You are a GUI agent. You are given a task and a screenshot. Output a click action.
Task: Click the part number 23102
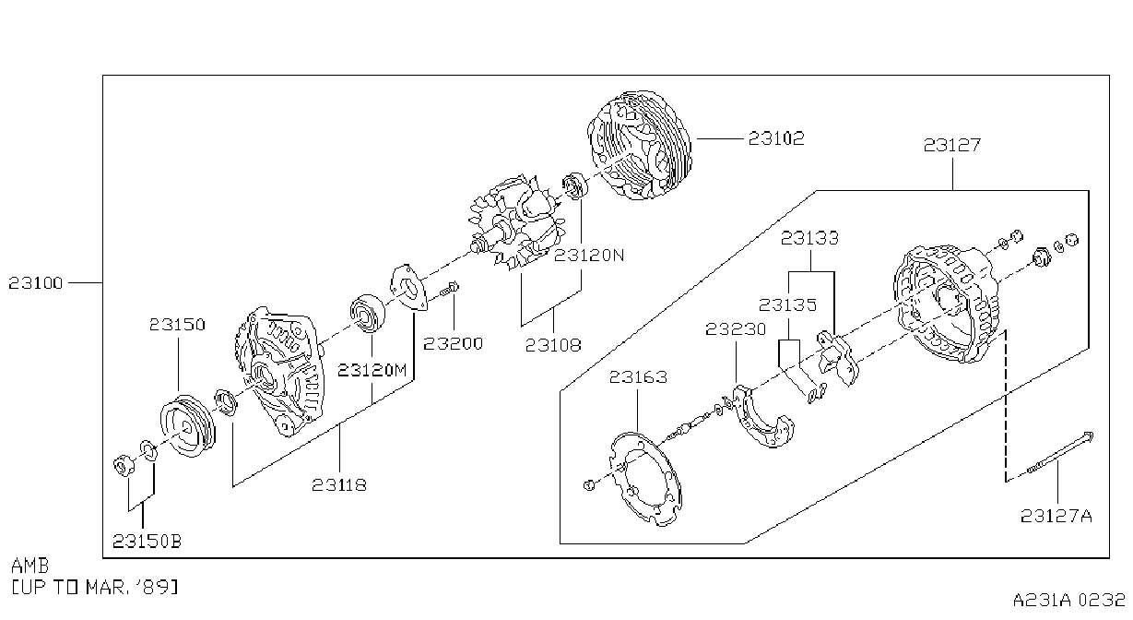click(x=776, y=138)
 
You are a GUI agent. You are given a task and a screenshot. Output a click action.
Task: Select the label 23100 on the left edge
click(x=36, y=283)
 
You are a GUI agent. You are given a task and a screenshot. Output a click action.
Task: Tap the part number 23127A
click(x=1056, y=516)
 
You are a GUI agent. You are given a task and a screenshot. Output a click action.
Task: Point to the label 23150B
click(x=147, y=542)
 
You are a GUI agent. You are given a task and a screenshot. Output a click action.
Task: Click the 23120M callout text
click(x=372, y=371)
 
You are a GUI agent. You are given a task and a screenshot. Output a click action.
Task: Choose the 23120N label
click(x=589, y=255)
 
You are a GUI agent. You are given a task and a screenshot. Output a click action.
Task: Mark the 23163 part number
click(x=638, y=377)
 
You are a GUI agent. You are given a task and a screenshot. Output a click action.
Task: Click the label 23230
click(x=736, y=329)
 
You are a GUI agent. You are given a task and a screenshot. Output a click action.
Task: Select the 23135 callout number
click(x=787, y=304)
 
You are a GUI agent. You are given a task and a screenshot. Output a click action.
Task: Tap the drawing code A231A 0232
click(x=1068, y=600)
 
